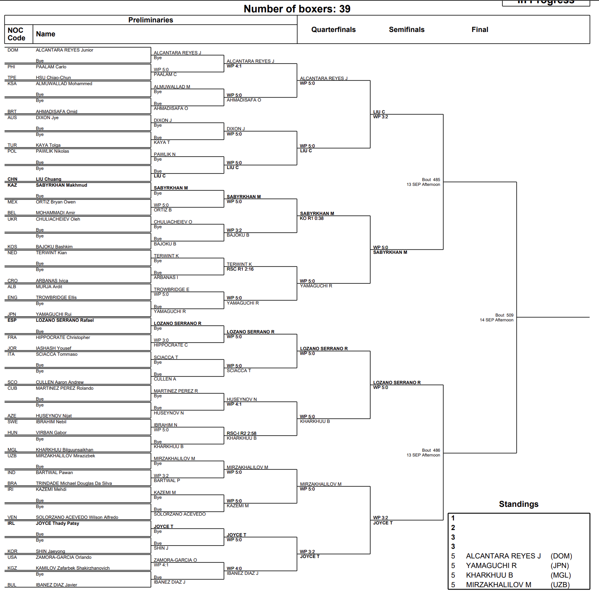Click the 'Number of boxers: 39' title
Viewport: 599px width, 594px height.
click(297, 9)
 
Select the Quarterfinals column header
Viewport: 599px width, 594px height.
click(333, 30)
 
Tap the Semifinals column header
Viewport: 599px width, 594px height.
click(407, 30)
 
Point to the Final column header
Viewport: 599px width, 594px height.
click(480, 30)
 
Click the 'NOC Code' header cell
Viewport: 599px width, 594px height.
click(16, 34)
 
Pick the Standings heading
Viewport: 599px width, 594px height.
click(518, 504)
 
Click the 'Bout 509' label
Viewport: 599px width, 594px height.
click(504, 315)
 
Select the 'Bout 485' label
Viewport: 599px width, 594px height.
click(431, 179)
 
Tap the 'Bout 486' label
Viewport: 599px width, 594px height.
click(431, 450)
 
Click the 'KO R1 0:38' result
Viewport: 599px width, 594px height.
click(312, 219)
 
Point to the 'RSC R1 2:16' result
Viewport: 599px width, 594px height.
click(240, 269)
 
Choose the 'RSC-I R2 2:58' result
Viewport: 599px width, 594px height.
click(241, 433)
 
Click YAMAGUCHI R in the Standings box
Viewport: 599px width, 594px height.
click(491, 566)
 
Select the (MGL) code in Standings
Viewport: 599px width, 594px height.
click(561, 575)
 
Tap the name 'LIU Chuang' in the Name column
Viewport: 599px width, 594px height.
click(49, 179)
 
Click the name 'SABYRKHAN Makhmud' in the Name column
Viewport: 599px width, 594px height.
click(61, 185)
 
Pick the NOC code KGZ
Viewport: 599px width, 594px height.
click(12, 568)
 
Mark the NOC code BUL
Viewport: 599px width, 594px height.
click(12, 585)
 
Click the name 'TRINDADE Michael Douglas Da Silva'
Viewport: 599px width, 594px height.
click(74, 483)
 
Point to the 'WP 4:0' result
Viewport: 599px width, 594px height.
click(234, 568)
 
